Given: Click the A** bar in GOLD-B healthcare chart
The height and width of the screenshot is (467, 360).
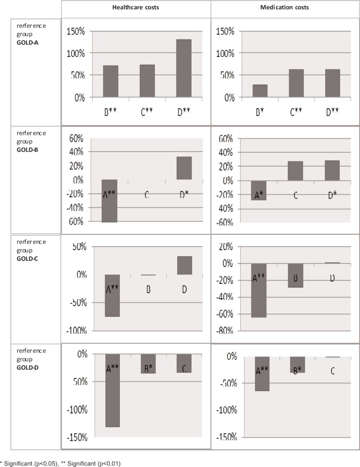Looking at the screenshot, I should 109,200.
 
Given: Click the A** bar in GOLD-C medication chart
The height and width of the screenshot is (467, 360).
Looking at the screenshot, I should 259,290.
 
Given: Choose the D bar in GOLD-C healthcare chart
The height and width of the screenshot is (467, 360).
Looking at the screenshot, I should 184,265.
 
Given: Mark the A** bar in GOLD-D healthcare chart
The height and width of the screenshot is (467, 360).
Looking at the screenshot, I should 112,390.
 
